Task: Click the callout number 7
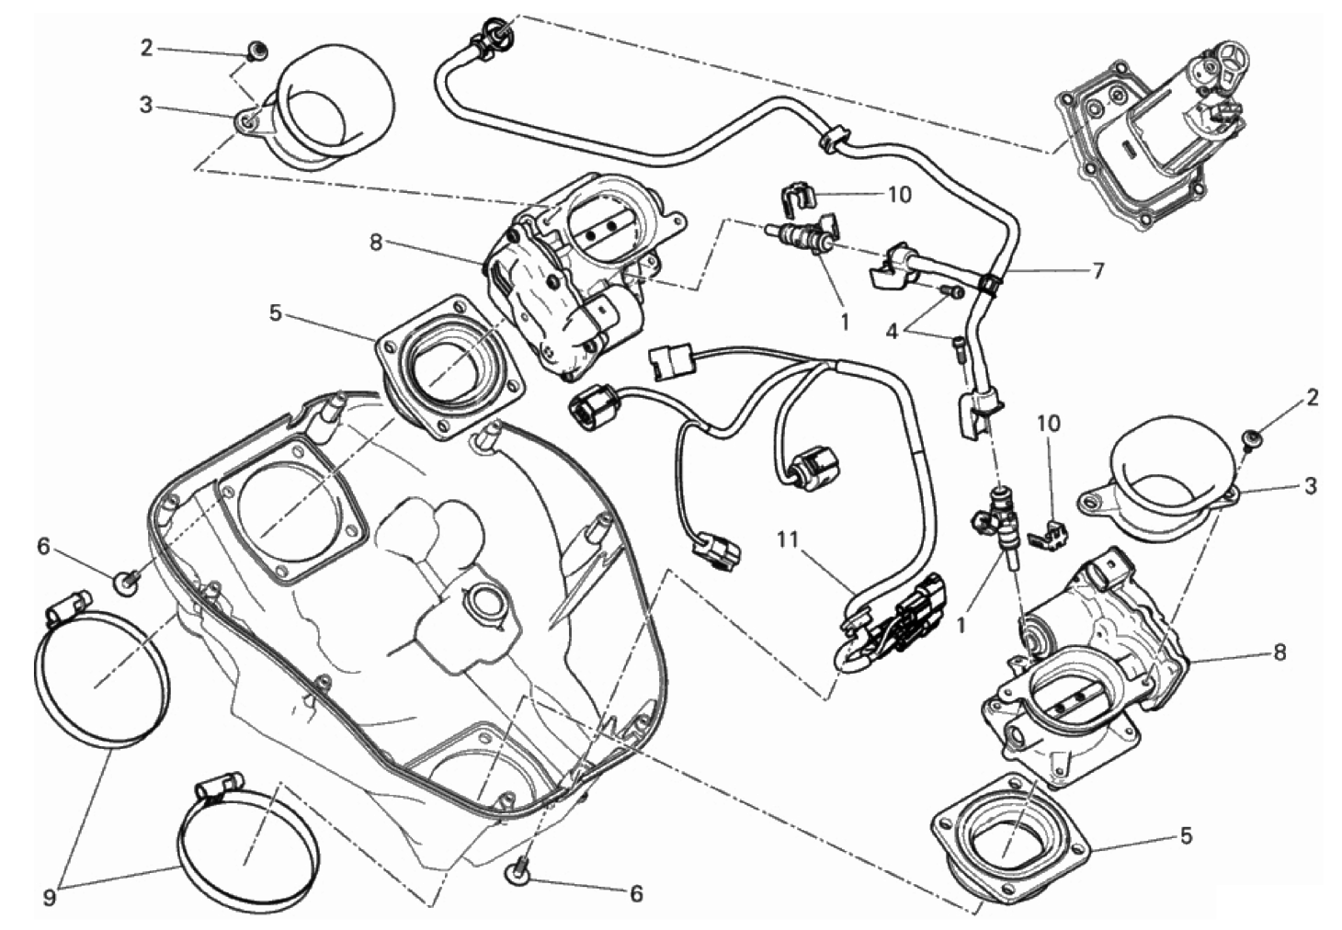click(x=1097, y=270)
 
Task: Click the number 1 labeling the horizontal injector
click(x=844, y=323)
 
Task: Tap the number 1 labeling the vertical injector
click(x=962, y=624)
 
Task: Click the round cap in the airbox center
click(x=484, y=604)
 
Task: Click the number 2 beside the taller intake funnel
click(x=146, y=48)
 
